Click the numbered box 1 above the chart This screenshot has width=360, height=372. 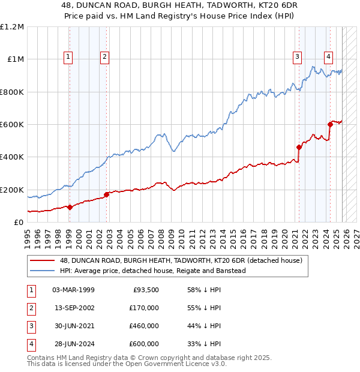(68, 57)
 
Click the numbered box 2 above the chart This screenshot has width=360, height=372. (104, 57)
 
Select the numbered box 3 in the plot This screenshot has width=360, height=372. (297, 57)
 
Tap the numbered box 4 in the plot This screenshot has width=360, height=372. (329, 57)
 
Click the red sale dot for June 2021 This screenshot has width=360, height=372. (299, 147)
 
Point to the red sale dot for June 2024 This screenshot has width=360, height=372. (330, 125)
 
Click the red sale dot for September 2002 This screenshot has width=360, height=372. (106, 194)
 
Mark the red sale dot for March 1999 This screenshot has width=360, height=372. (70, 207)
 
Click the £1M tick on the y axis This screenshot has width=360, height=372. (16, 59)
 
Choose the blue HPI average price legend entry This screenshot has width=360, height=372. (152, 271)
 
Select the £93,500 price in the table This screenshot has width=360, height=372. (146, 290)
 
